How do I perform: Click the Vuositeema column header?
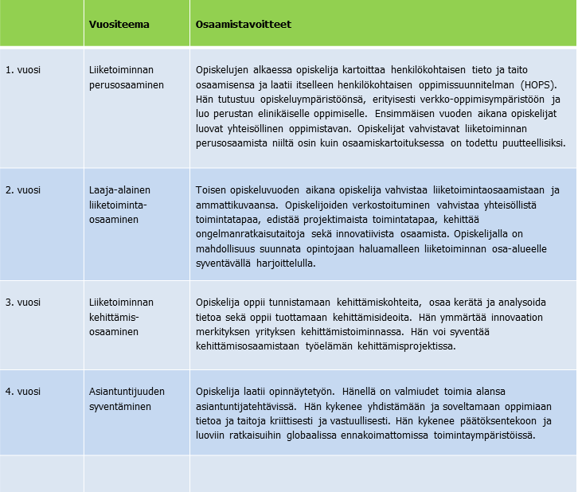pos(119,25)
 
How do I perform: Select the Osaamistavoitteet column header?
pos(243,25)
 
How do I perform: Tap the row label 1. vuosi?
pos(24,70)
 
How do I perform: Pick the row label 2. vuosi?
pos(24,190)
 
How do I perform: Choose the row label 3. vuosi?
pos(24,302)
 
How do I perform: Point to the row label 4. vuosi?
pos(24,391)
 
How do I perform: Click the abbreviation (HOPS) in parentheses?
pos(540,84)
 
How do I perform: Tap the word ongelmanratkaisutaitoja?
pos(252,234)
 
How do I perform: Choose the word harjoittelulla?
pos(284,264)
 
